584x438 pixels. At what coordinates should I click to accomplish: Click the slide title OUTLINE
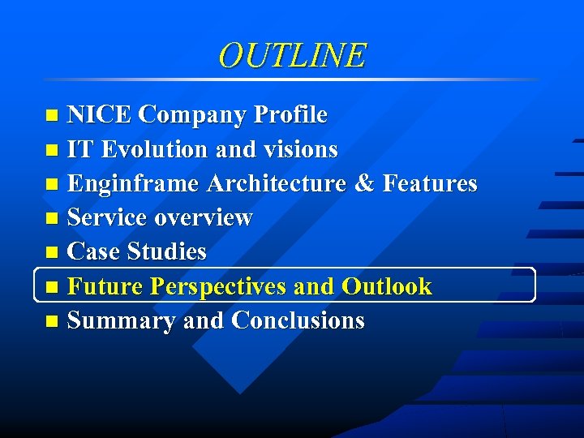[292, 55]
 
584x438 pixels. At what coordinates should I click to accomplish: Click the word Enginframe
[133, 184]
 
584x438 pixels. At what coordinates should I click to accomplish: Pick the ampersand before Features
[363, 184]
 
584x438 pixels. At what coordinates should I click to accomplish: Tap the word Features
[429, 184]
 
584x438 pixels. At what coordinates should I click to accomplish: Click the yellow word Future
[105, 286]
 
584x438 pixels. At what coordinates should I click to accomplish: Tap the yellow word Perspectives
[219, 286]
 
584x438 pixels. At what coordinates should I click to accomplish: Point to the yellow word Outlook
[387, 286]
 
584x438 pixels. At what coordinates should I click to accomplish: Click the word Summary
[122, 320]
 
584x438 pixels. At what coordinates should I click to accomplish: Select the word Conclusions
[298, 320]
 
